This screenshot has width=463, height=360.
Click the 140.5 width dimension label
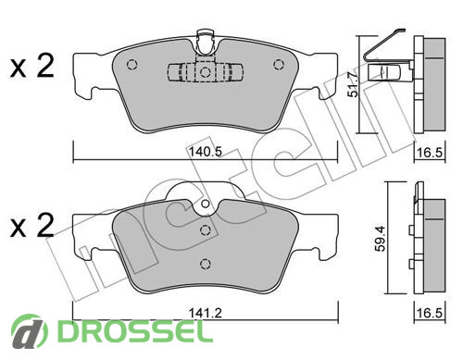coord(205,152)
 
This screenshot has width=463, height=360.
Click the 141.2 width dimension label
coord(205,313)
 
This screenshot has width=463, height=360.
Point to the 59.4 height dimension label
coord(380,238)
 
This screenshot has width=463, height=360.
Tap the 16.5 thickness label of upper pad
coord(430,152)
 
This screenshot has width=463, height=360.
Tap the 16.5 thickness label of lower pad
coord(430,313)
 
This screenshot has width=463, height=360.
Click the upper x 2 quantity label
coord(31,67)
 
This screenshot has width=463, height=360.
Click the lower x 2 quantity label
coord(31,226)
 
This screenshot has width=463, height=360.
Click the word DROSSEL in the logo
coord(135,330)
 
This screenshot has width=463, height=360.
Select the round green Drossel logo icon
coord(30,332)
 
